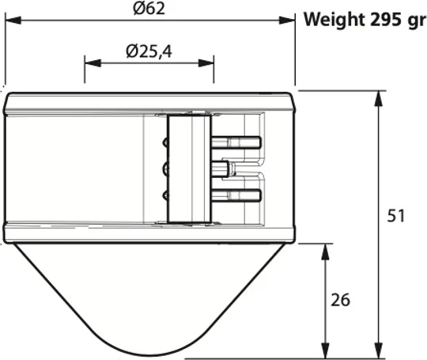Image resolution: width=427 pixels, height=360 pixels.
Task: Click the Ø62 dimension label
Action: click(x=149, y=9)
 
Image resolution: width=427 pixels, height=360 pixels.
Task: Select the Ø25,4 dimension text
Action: click(x=149, y=51)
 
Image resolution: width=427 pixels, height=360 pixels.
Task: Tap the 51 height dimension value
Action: click(x=396, y=216)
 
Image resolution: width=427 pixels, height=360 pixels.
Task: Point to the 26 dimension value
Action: click(x=340, y=300)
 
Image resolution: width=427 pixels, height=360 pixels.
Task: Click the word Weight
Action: click(x=334, y=20)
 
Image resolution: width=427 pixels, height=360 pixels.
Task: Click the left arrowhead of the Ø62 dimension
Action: click(x=13, y=20)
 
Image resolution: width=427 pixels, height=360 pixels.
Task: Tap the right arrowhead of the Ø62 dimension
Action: click(x=287, y=20)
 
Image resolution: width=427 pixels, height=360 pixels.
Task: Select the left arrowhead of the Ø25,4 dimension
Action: click(x=93, y=63)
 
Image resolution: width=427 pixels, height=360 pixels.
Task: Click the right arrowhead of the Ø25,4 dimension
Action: click(x=206, y=63)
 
